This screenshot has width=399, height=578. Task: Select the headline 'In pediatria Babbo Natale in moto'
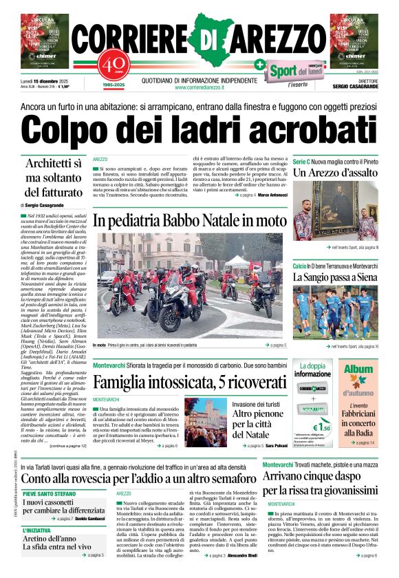point(188,220)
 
